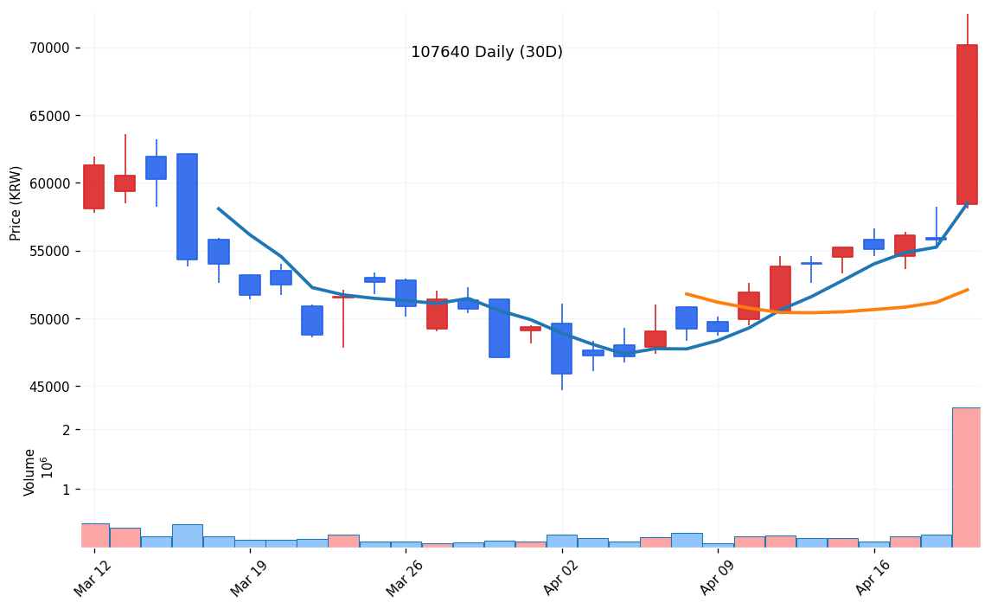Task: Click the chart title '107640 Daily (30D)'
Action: pos(486,53)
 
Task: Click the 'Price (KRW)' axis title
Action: pos(16,202)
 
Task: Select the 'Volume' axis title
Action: pos(30,472)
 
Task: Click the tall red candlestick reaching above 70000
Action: pos(967,124)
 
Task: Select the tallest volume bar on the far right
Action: pos(967,478)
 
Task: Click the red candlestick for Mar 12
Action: pos(93,187)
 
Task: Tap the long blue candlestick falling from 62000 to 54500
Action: pos(187,207)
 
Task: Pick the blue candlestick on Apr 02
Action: pos(561,349)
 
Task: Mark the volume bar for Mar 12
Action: pos(93,535)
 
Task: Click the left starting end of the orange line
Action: pos(686,294)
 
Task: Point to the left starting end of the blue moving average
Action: pos(218,208)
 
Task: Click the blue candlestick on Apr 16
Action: pos(873,244)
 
